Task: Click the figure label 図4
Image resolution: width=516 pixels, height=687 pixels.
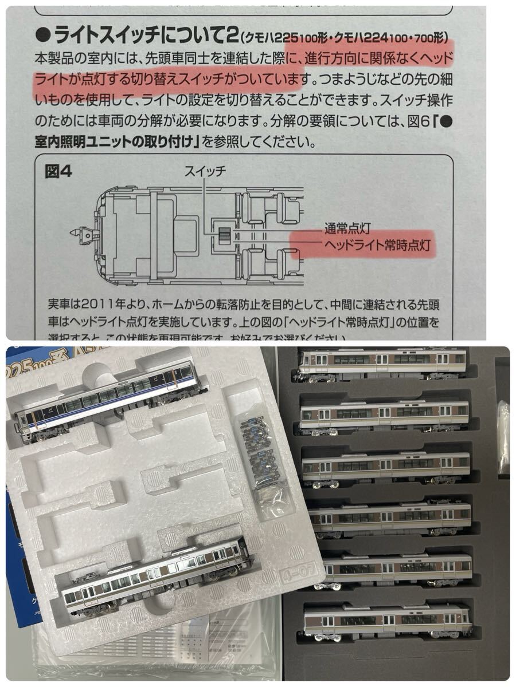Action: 58,172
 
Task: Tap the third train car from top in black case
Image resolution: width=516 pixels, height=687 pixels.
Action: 385,467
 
